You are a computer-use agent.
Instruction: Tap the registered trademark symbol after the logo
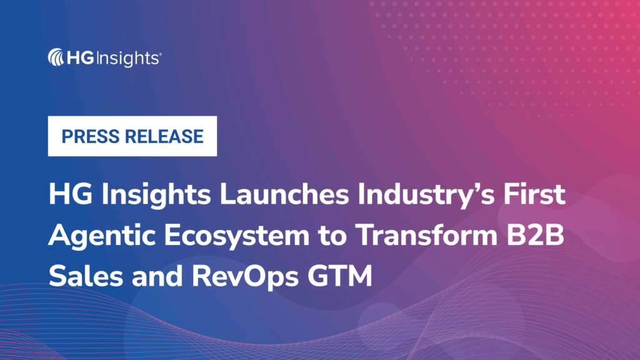(x=161, y=55)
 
